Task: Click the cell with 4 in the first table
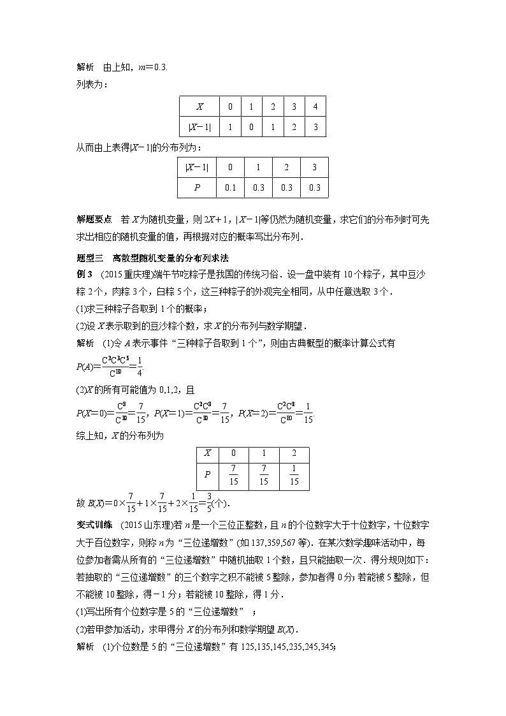(315, 107)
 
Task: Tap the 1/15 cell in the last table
(294, 476)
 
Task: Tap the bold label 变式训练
(94, 525)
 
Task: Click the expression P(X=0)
(93, 413)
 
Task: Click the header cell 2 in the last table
(294, 453)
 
